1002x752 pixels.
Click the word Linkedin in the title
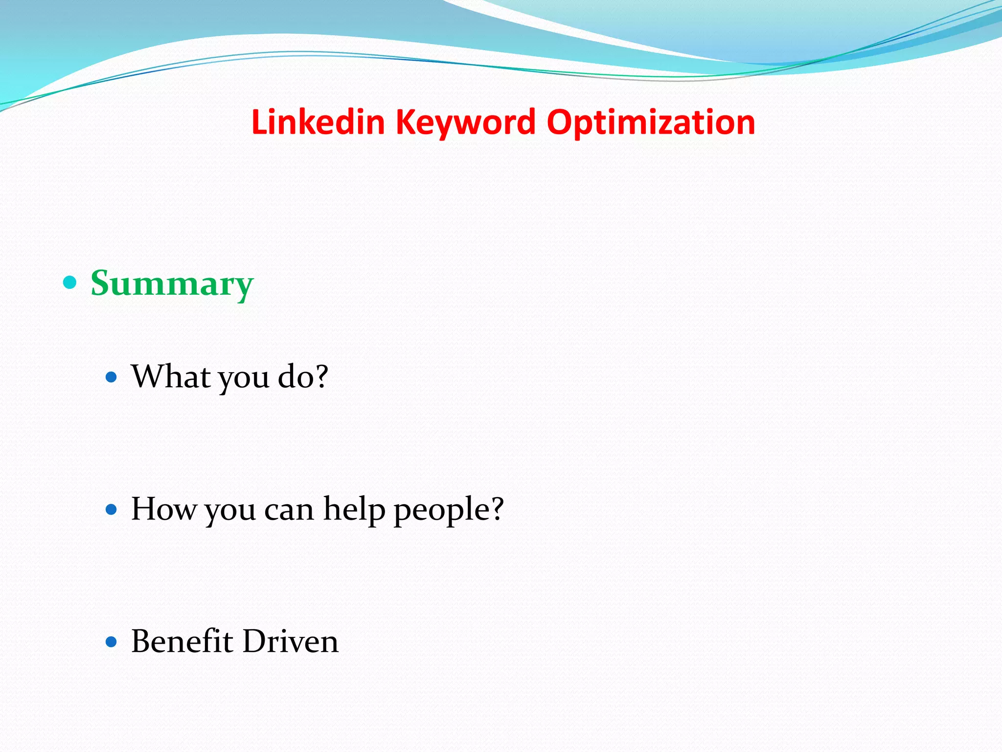[x=318, y=122]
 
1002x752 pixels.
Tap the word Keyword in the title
[x=465, y=122]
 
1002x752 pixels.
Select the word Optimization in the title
[x=651, y=122]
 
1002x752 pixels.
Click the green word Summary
[x=172, y=283]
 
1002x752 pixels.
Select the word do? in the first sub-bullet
[x=303, y=376]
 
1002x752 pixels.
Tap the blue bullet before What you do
[x=112, y=377]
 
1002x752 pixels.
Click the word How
[x=163, y=509]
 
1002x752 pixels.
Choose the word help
[x=354, y=509]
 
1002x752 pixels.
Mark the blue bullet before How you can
[x=112, y=510]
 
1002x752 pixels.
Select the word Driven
[x=290, y=641]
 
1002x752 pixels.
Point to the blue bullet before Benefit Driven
[x=112, y=642]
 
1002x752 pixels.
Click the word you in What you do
[x=244, y=379]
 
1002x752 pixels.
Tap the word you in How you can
[x=230, y=512]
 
